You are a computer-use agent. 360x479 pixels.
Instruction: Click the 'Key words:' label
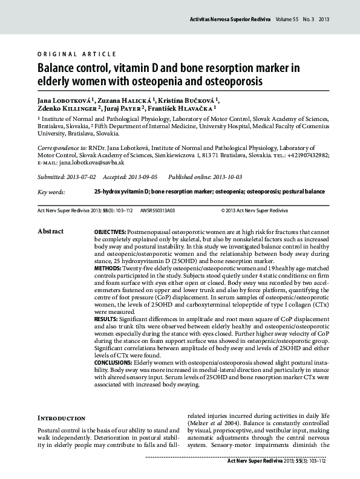(51, 192)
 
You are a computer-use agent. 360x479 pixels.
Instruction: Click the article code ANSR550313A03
(157, 210)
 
